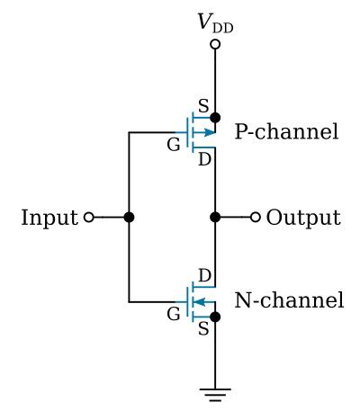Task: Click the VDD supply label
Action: click(215, 23)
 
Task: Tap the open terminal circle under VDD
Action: click(215, 44)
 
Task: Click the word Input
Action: click(49, 218)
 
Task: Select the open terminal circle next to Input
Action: click(88, 218)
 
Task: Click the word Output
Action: click(303, 218)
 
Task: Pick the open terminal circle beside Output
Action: click(256, 218)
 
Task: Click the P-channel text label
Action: click(286, 133)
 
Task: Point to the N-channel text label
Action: click(289, 300)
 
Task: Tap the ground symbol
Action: click(215, 392)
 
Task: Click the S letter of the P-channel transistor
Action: click(203, 105)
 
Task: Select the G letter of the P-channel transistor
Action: click(174, 145)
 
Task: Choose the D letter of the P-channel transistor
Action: click(204, 160)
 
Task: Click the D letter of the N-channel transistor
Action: click(204, 274)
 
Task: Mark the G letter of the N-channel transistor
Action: click(174, 314)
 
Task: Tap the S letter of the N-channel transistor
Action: click(203, 329)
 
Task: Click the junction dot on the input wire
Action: click(129, 218)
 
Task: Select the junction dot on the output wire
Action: click(215, 218)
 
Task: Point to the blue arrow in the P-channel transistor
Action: click(208, 133)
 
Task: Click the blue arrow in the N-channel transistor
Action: click(202, 302)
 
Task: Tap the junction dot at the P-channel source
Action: click(215, 117)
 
